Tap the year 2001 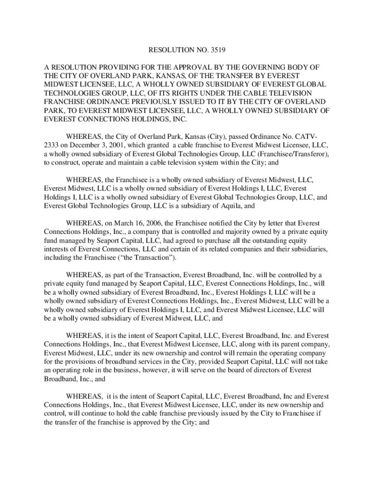(125, 145)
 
